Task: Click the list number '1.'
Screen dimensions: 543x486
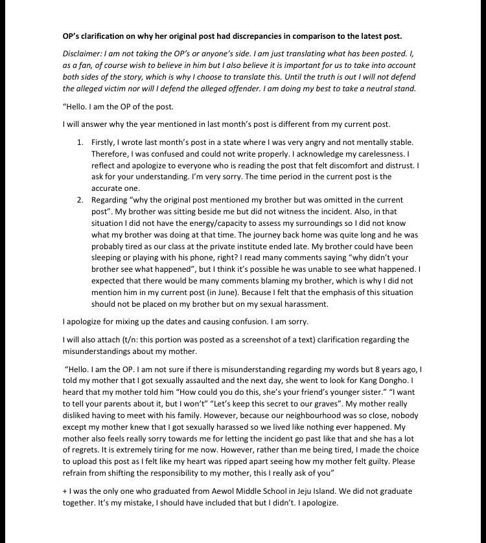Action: pos(80,142)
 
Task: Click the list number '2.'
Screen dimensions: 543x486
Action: pos(80,199)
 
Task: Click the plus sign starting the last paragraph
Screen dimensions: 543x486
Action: pos(65,491)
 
